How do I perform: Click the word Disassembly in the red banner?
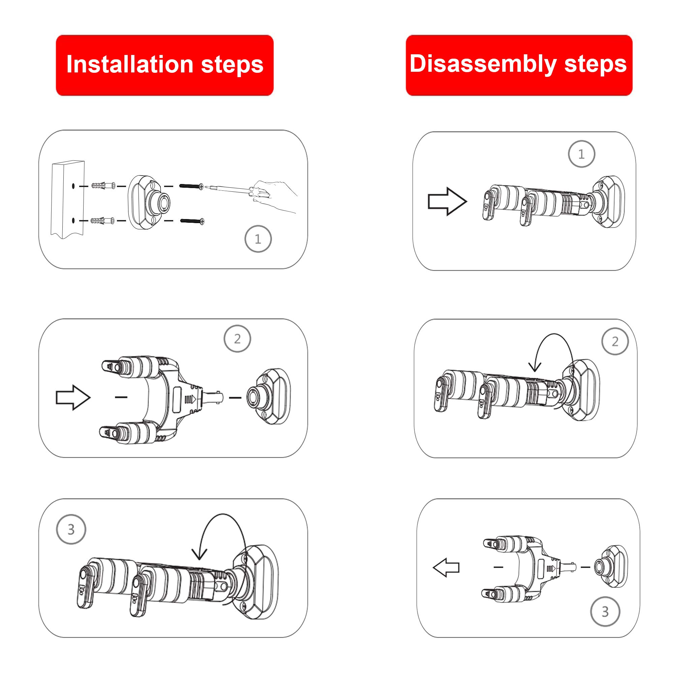(x=483, y=64)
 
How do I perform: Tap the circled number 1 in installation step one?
(x=258, y=239)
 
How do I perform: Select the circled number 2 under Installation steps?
(x=237, y=339)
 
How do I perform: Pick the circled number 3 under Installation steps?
(x=71, y=529)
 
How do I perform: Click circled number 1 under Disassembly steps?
(x=582, y=154)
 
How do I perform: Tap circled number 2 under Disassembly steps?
(x=615, y=341)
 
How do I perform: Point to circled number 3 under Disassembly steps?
(x=605, y=611)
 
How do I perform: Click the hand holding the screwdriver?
(x=276, y=195)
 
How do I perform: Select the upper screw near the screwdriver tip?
(x=191, y=186)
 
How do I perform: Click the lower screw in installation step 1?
(x=192, y=220)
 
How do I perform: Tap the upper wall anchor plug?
(x=102, y=186)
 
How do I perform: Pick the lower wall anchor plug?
(x=102, y=221)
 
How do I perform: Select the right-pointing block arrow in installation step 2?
(x=73, y=397)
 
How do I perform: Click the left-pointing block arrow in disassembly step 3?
(x=446, y=568)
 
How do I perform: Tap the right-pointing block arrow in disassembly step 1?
(x=447, y=202)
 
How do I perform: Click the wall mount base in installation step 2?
(x=269, y=397)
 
